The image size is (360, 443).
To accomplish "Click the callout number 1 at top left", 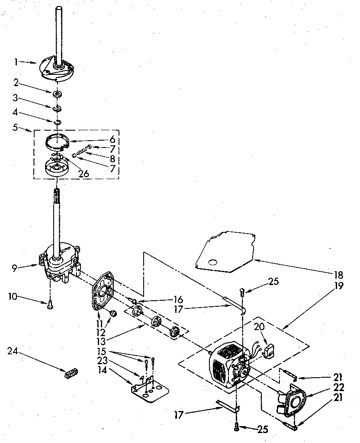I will tap(16, 62).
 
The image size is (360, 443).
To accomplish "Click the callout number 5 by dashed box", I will tap(16, 128).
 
